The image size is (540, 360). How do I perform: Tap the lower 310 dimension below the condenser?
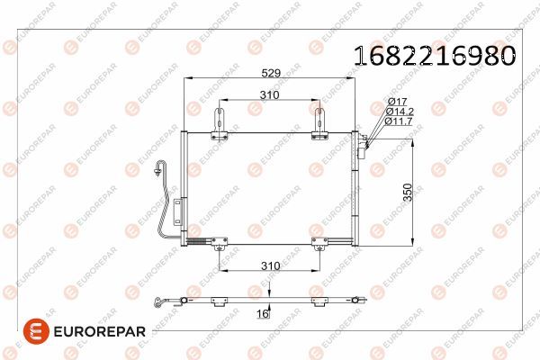coord(269,266)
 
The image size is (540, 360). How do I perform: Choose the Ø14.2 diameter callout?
coord(400,111)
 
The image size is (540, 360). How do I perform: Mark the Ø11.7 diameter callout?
coord(400,121)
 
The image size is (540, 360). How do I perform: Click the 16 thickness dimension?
coord(263,313)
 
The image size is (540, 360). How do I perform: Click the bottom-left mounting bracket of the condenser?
coord(220,242)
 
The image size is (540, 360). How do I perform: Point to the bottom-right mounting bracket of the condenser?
coord(319,242)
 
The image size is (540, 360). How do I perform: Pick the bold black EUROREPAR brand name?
coord(97,332)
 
